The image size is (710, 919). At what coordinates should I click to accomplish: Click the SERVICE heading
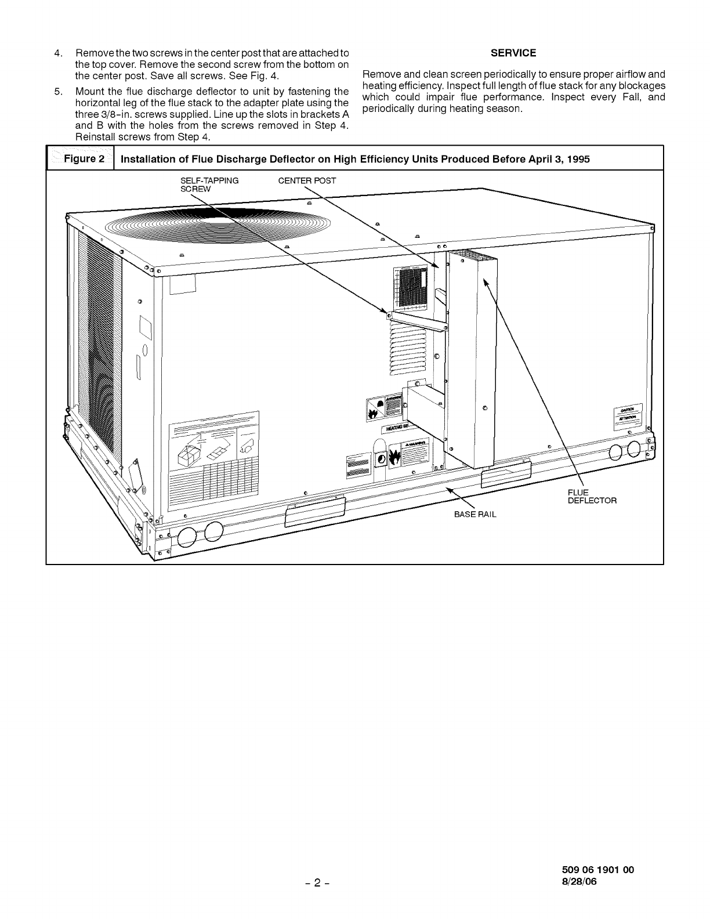(x=513, y=53)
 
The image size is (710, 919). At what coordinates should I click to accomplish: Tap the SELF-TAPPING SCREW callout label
(x=209, y=184)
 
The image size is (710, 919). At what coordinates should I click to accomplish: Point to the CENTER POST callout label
(x=307, y=180)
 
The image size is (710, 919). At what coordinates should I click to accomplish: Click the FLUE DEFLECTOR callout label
(x=591, y=497)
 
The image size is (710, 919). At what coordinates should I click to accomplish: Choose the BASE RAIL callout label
(x=476, y=514)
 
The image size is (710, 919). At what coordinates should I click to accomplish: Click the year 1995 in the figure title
(x=578, y=160)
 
